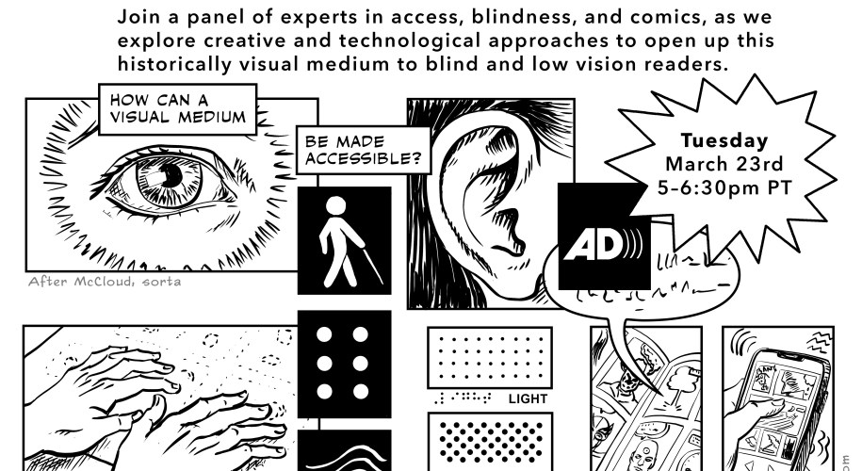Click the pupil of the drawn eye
(x=172, y=175)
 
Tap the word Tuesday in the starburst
(x=724, y=141)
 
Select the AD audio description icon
(x=604, y=236)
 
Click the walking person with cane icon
(x=344, y=241)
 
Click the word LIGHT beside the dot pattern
(x=527, y=398)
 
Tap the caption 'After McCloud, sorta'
(x=105, y=281)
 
